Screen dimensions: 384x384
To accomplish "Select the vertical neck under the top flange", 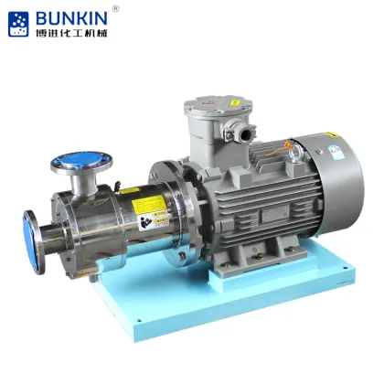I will (x=87, y=187).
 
